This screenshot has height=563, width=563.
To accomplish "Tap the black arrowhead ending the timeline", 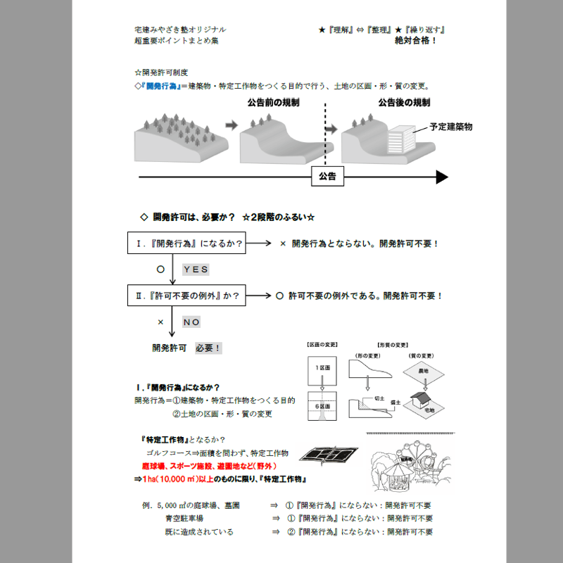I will pyautogui.click(x=442, y=177).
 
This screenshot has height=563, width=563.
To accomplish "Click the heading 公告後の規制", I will pyautogui.click(x=404, y=103).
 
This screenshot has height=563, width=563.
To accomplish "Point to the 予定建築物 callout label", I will pyautogui.click(x=451, y=127).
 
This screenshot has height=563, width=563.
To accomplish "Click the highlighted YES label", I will pyautogui.click(x=196, y=270).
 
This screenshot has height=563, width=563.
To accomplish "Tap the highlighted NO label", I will pyautogui.click(x=192, y=322).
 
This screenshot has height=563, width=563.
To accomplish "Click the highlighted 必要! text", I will pyautogui.click(x=208, y=348).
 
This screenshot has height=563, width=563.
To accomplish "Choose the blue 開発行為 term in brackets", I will pyautogui.click(x=161, y=87).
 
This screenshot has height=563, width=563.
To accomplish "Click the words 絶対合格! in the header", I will pyautogui.click(x=416, y=41).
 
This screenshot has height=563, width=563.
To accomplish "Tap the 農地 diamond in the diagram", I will pyautogui.click(x=422, y=370).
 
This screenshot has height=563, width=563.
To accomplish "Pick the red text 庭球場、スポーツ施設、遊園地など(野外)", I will pyautogui.click(x=209, y=466).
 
